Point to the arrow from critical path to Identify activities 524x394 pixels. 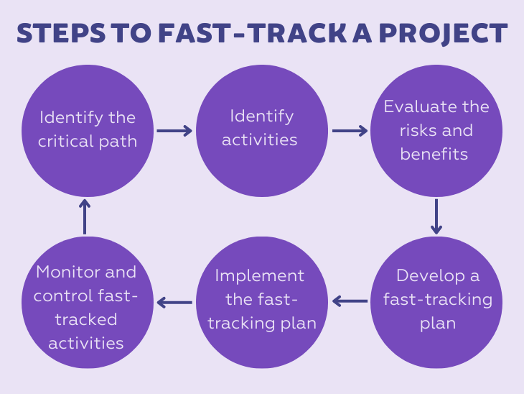tap(174, 131)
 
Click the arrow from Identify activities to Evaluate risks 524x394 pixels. tap(350, 131)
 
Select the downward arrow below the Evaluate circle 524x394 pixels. tap(436, 216)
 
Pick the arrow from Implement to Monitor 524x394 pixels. tap(174, 302)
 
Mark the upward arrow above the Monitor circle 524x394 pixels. tap(85, 216)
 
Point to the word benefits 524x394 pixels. tap(434, 155)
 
